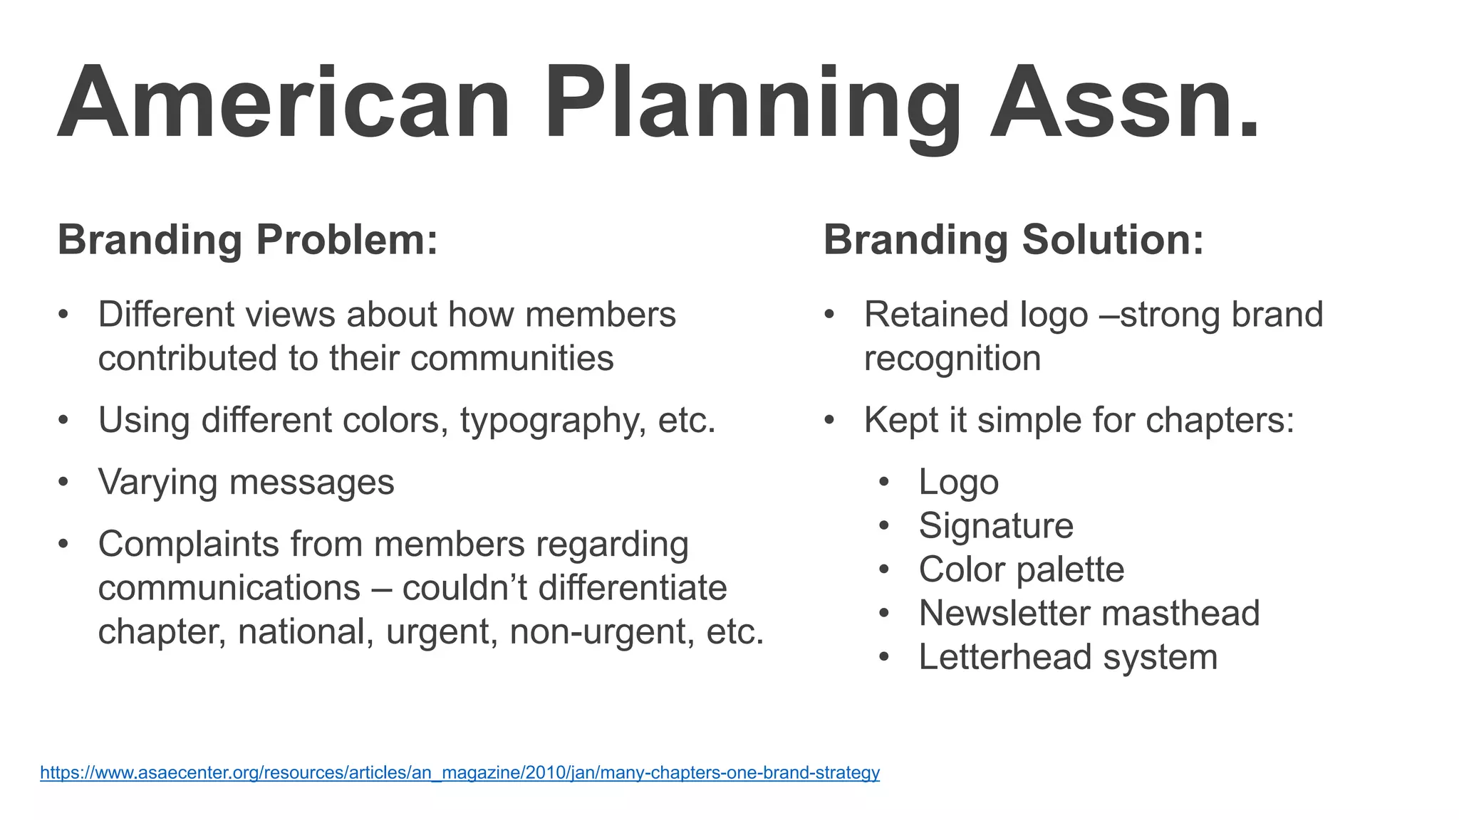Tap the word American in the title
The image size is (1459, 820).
point(284,104)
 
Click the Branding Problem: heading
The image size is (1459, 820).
point(248,240)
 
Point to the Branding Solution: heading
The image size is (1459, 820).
point(1014,240)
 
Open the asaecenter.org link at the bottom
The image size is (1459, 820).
point(459,772)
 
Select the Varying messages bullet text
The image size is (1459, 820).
point(246,482)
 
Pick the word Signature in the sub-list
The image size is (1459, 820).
point(996,526)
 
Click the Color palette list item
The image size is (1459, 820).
point(1022,569)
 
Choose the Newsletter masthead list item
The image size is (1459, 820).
point(1089,613)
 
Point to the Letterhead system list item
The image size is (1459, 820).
point(1068,657)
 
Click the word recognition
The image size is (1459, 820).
point(952,358)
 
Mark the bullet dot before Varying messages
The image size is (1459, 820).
point(63,482)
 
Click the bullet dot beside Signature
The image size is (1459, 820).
point(884,526)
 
